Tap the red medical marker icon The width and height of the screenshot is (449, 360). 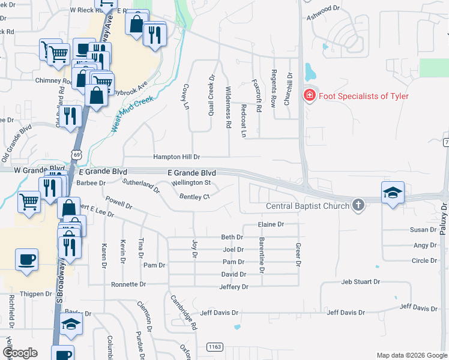click(309, 95)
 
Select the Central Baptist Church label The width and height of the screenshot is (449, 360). click(308, 206)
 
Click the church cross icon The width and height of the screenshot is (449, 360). click(358, 205)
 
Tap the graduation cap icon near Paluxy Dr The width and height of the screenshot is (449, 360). click(393, 193)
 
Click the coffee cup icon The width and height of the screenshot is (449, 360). click(26, 260)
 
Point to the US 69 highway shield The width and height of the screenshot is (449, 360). click(76, 155)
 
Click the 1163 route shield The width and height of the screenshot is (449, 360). click(214, 347)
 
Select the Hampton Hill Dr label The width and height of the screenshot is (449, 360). click(176, 157)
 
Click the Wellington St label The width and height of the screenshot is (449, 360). click(191, 182)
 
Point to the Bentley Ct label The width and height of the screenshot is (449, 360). click(194, 196)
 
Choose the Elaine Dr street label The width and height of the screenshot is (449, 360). click(270, 224)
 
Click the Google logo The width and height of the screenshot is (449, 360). click(20, 352)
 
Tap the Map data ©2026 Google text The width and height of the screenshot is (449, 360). click(411, 355)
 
